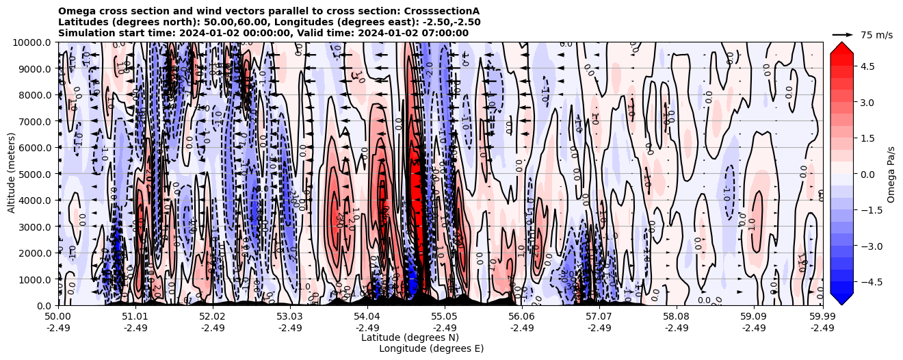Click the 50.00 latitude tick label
tap(58, 317)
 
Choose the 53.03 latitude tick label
tap(290, 317)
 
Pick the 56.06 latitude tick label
tap(522, 317)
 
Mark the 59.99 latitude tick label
tap(822, 317)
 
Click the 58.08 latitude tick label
tap(677, 317)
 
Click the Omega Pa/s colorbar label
tap(891, 174)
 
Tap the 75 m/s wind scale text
tap(876, 35)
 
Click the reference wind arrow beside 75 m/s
tap(843, 34)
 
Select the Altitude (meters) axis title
tap(12, 174)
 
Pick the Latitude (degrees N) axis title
tap(410, 337)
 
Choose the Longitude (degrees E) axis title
tap(431, 348)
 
